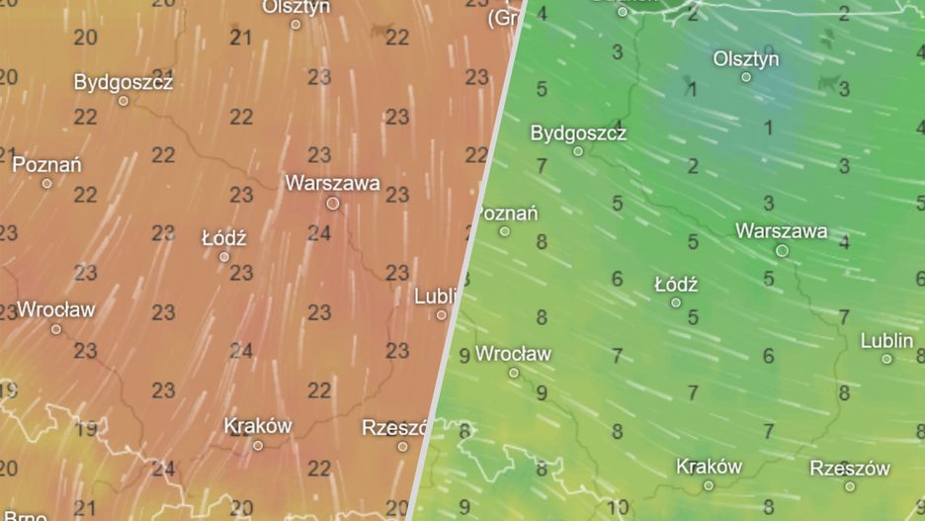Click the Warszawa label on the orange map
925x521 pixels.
(332, 183)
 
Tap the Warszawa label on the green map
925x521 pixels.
(782, 230)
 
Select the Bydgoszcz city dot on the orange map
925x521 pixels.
(124, 101)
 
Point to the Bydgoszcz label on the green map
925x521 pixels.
(578, 132)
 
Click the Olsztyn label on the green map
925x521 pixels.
(746, 59)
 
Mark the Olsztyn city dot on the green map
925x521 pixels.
(746, 77)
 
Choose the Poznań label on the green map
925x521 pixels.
(504, 213)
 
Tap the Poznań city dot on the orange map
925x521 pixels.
(46, 183)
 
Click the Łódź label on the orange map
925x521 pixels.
(223, 238)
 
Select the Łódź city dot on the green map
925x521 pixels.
(676, 303)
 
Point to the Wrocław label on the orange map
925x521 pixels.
(56, 309)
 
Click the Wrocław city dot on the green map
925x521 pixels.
(514, 373)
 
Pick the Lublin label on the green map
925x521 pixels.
(886, 340)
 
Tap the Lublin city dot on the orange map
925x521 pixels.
(442, 314)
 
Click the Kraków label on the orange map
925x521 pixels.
(258, 426)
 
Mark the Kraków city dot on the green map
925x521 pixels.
(709, 485)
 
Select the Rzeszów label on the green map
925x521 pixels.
(850, 468)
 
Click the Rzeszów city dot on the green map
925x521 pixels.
(850, 485)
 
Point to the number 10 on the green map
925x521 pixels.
(618, 507)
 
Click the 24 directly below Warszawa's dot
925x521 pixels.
(319, 233)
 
